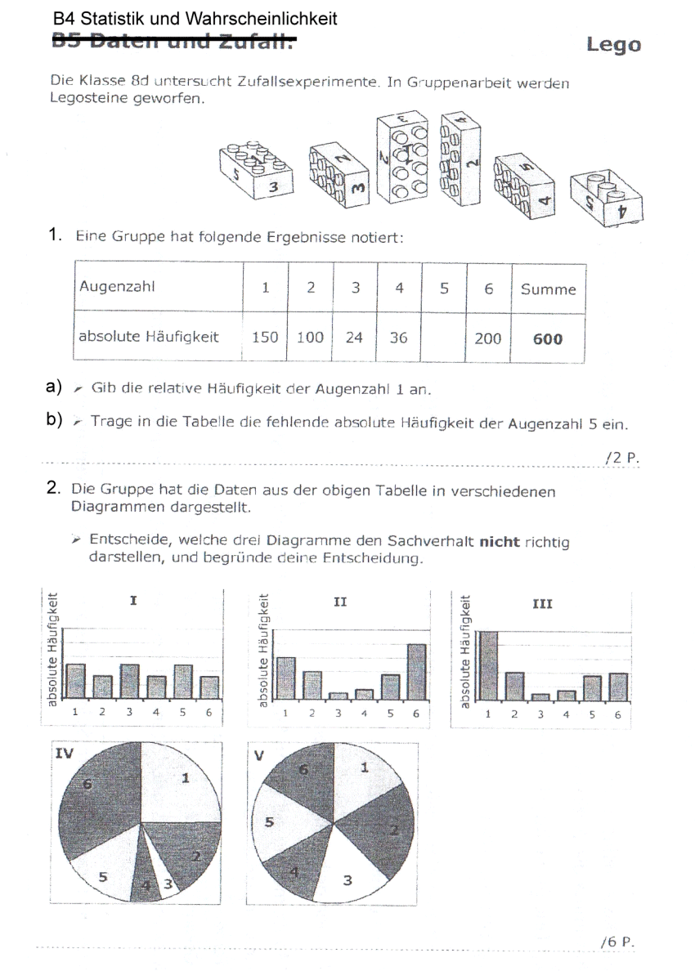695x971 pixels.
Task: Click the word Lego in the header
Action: (x=613, y=46)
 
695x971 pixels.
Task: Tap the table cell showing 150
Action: (x=265, y=337)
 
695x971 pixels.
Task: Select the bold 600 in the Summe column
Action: (x=547, y=338)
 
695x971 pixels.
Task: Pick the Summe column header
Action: (x=548, y=289)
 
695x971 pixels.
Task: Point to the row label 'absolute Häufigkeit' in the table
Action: (x=149, y=337)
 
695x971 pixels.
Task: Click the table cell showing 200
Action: (x=487, y=337)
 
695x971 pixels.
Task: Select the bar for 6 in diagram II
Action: (x=416, y=671)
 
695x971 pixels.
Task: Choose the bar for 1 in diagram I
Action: (x=75, y=678)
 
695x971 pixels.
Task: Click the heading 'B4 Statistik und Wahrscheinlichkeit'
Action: (x=195, y=19)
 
